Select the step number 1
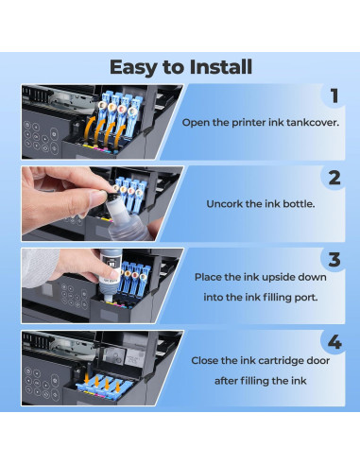334,95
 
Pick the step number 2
334,178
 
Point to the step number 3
334,260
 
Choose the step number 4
334,342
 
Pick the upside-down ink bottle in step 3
110,274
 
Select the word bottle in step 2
299,204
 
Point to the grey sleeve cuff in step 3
41,267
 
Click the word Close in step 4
204,361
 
